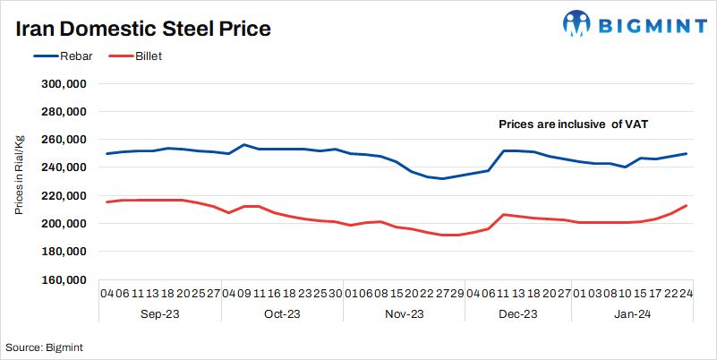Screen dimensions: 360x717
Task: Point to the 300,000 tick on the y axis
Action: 64,83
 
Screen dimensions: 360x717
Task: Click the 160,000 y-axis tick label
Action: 64,279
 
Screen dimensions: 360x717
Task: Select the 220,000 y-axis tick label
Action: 64,195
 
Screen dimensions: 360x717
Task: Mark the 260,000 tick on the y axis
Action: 64,140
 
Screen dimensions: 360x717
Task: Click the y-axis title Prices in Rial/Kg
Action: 19,176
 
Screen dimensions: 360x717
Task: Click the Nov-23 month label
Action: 403,313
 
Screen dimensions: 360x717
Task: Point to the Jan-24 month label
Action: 631,313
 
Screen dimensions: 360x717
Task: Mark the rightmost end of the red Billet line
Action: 687,205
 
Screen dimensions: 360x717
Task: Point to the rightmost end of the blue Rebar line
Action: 687,153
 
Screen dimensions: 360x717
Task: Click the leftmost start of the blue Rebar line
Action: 107,154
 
